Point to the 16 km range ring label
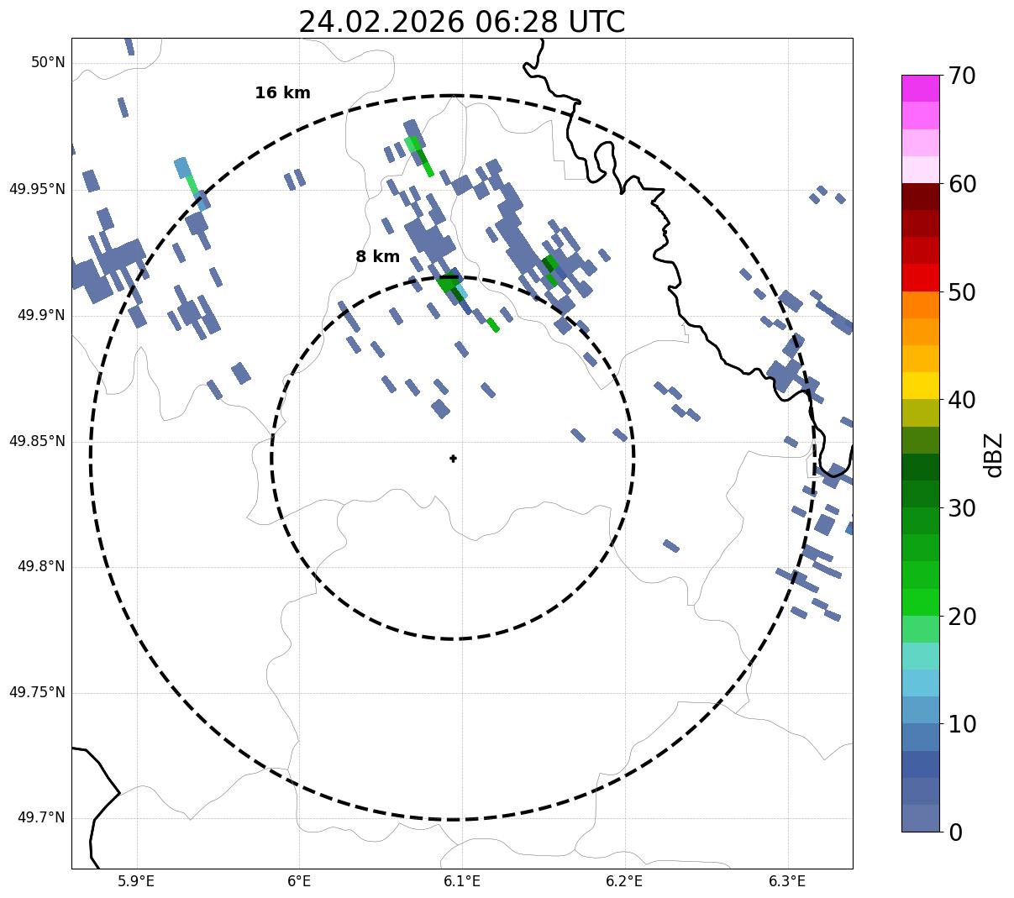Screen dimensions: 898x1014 pos(282,93)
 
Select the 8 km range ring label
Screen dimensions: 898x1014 pos(377,257)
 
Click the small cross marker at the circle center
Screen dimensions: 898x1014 pos(453,458)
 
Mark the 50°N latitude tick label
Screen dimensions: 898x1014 pos(48,63)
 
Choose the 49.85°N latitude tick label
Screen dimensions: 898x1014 pos(37,441)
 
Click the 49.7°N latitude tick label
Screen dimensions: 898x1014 pos(40,818)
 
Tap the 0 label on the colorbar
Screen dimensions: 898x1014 pos(956,832)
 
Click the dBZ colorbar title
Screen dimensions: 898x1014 pos(995,454)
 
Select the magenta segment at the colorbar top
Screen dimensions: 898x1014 pos(920,88)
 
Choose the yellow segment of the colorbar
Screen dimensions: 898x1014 pos(920,386)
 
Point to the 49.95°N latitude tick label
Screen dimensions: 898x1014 pos(37,189)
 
